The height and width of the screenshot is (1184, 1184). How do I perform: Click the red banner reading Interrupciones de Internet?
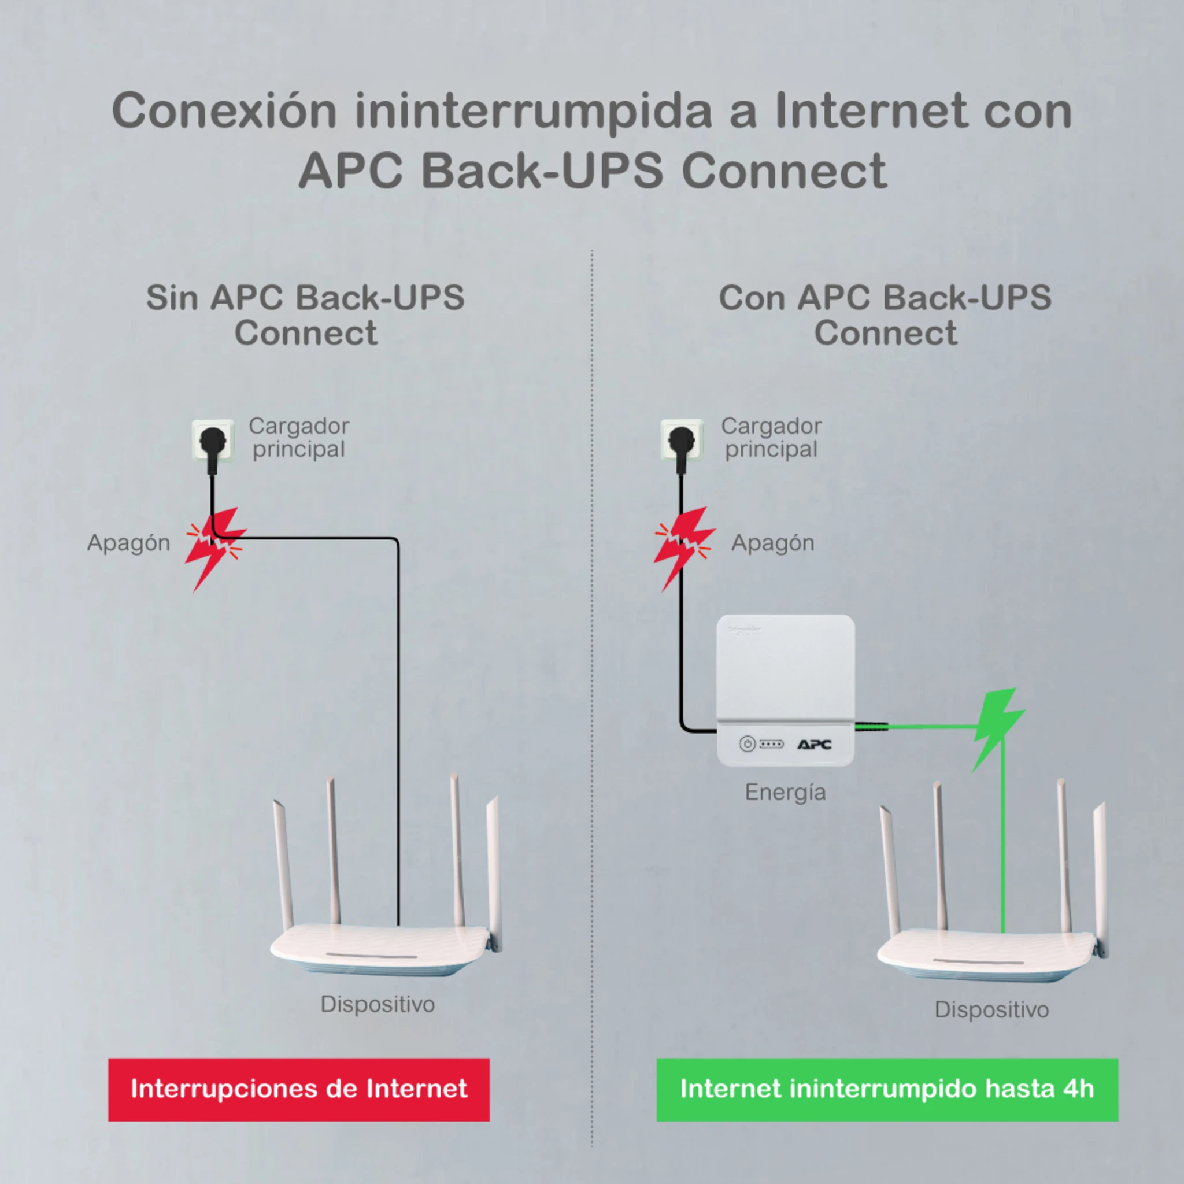tap(298, 1089)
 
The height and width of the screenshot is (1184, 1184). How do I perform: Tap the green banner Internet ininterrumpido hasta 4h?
tap(887, 1089)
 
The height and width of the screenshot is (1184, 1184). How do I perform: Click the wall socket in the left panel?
tap(213, 440)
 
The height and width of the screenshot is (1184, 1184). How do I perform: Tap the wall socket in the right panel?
tap(682, 440)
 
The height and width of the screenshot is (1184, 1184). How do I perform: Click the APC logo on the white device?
tap(814, 744)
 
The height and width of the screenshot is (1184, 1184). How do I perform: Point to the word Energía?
tap(785, 793)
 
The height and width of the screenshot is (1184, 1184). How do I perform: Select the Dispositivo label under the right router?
tap(991, 1009)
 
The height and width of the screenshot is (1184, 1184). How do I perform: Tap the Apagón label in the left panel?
tap(128, 543)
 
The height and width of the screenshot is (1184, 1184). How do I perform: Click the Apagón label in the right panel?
tap(772, 543)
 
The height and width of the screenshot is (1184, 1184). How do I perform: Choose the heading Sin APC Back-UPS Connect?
tap(305, 315)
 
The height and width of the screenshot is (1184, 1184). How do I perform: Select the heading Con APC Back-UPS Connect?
tap(885, 315)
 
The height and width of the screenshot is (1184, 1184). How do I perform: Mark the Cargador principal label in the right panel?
tap(771, 438)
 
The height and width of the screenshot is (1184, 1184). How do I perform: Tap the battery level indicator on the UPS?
tap(772, 744)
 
